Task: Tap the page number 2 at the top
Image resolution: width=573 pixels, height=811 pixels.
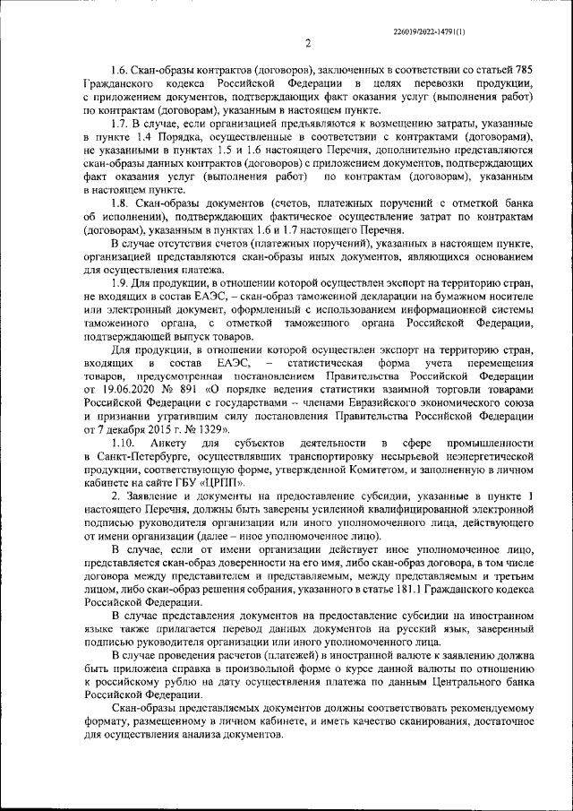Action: (307, 42)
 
